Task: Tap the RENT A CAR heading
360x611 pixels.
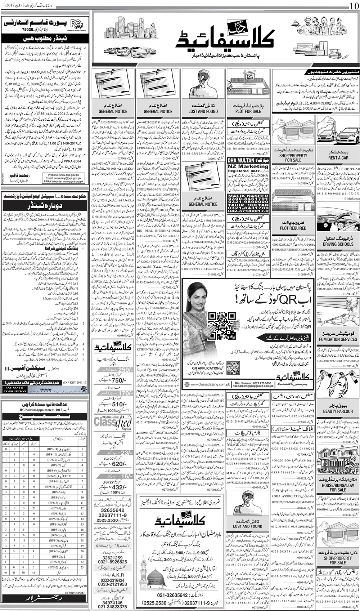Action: pyautogui.click(x=338, y=158)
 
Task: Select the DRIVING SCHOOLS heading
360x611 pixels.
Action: pyautogui.click(x=338, y=244)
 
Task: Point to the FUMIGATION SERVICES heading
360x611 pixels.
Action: pyautogui.click(x=338, y=339)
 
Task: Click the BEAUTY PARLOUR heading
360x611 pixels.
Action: pyautogui.click(x=338, y=411)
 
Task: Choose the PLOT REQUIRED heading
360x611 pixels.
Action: pyautogui.click(x=293, y=228)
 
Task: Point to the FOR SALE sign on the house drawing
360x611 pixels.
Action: pyautogui.click(x=249, y=76)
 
